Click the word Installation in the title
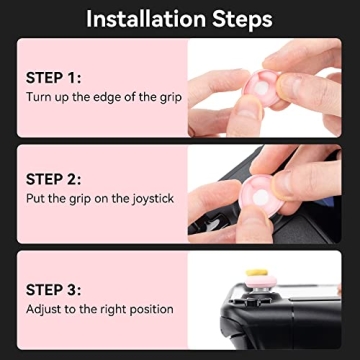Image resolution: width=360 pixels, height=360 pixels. [144, 19]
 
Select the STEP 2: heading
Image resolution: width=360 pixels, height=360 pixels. [54, 179]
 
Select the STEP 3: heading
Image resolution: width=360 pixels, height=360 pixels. [54, 289]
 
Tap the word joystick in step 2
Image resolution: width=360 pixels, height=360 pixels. [149, 199]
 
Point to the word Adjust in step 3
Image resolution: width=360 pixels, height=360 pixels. [46, 309]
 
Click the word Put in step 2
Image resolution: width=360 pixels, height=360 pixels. [37, 199]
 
